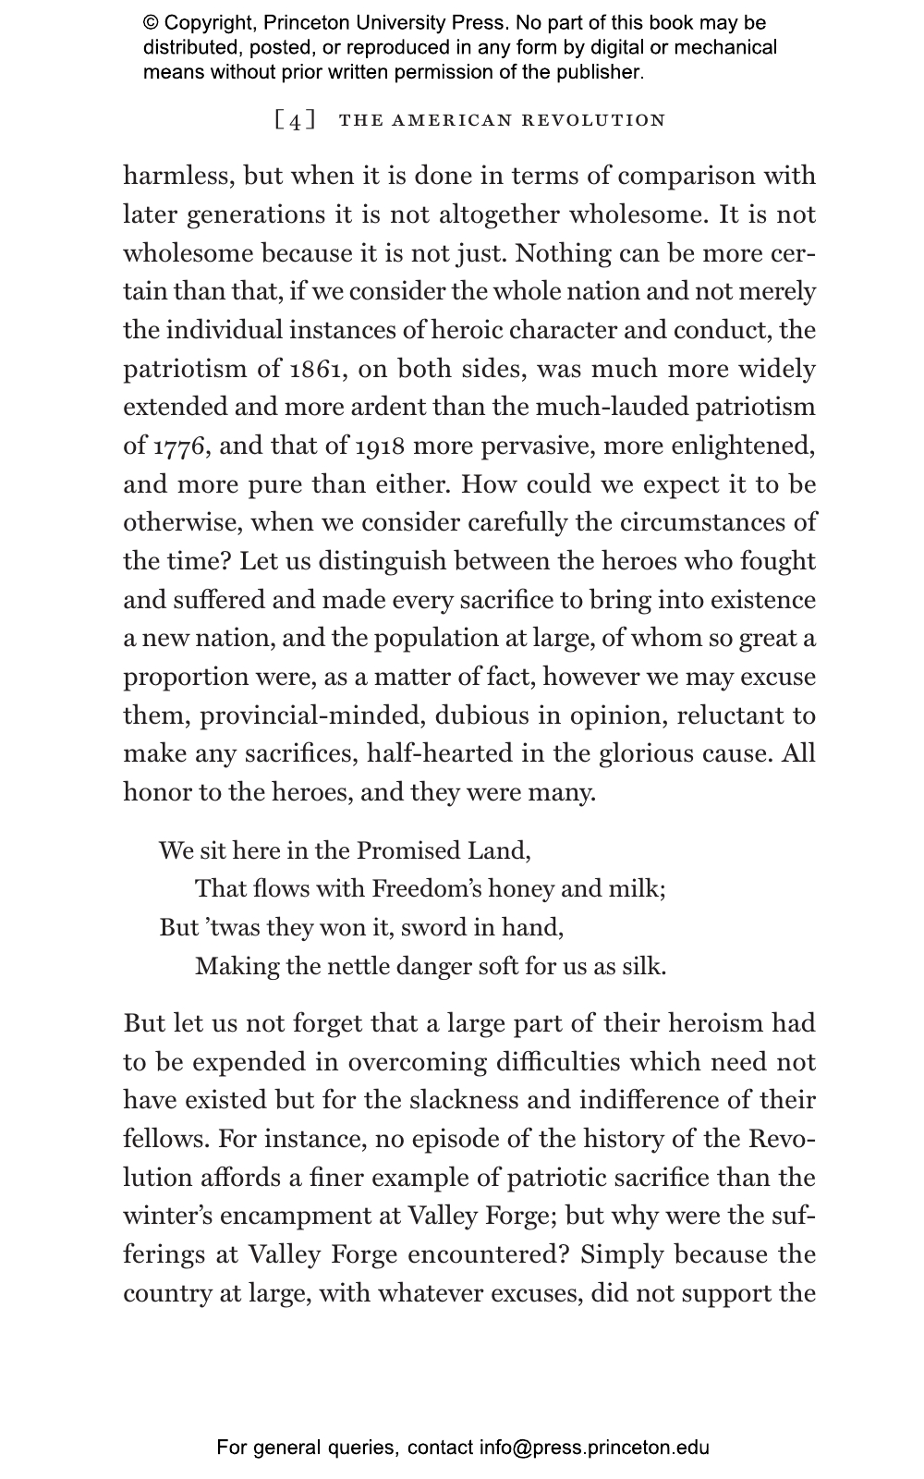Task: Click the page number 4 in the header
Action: point(295,121)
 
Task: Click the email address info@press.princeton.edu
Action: point(593,1448)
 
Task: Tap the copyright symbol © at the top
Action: point(151,23)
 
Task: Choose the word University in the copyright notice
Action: point(381,23)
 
